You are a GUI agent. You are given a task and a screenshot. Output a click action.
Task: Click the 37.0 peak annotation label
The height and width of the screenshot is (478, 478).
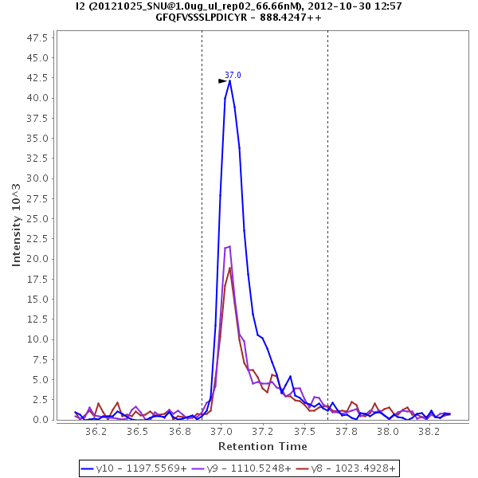pyautogui.click(x=233, y=75)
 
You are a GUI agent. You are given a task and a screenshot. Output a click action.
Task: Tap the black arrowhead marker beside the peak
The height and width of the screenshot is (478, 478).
pyautogui.click(x=223, y=81)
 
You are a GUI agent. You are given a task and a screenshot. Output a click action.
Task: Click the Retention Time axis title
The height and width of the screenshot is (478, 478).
pyautogui.click(x=262, y=447)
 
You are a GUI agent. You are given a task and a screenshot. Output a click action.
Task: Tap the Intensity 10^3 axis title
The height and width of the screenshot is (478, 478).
pyautogui.click(x=17, y=226)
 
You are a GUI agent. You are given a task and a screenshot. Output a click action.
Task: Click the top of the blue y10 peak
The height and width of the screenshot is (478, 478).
pyautogui.click(x=229, y=80)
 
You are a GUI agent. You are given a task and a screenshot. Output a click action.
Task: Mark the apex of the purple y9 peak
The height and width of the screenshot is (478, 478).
pyautogui.click(x=229, y=246)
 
